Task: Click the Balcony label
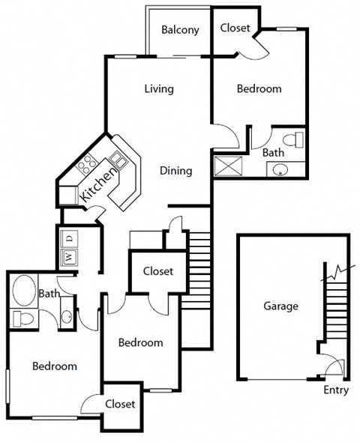point(181,30)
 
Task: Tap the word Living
point(159,89)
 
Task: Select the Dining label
point(176,171)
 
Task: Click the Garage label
point(281,306)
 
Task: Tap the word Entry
point(336,390)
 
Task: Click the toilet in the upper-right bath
point(298,139)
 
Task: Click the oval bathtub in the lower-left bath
point(25,291)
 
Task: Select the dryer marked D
point(69,239)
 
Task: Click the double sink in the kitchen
point(118,158)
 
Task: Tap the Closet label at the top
point(235,28)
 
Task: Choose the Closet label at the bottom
point(120,404)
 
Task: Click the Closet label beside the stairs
point(157,271)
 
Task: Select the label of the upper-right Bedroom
point(259,88)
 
